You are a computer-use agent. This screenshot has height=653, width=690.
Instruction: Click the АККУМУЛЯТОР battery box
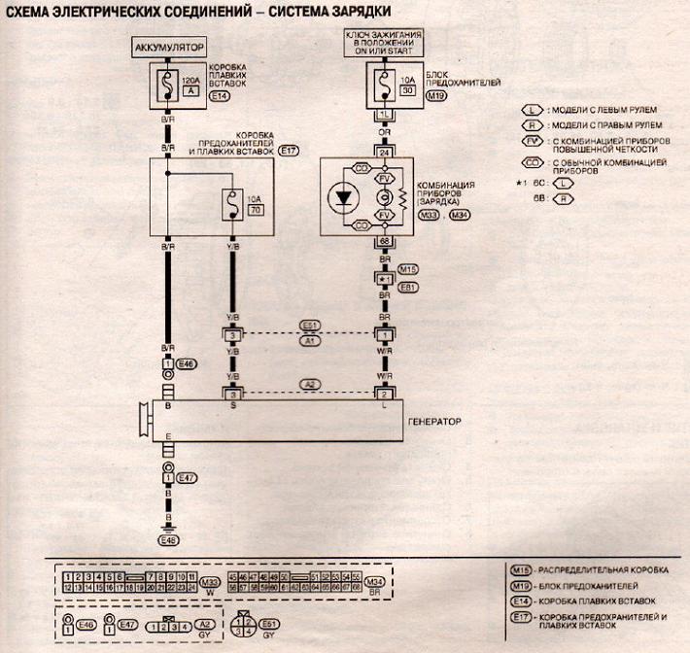168,46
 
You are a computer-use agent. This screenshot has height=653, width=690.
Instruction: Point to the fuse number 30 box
409,89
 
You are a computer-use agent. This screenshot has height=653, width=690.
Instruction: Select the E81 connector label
409,288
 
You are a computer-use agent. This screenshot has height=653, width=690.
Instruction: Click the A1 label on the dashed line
308,342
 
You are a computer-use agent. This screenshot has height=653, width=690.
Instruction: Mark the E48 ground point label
169,539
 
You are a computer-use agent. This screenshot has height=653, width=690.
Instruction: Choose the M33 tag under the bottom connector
211,579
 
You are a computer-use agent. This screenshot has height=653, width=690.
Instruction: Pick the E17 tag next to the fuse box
290,152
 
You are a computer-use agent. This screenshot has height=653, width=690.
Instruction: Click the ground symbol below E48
168,531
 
